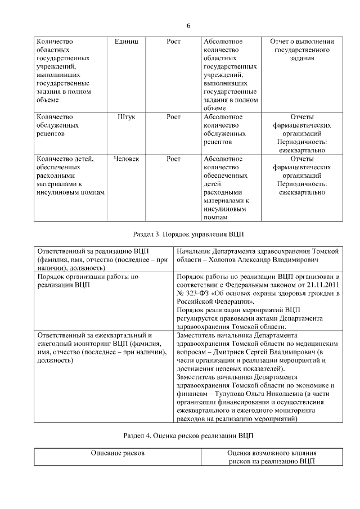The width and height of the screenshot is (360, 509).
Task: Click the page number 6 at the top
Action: pyautogui.click(x=189, y=26)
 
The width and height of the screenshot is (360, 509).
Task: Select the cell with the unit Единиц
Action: pyautogui.click(x=130, y=42)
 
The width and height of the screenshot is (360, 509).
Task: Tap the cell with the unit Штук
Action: pyautogui.click(x=130, y=117)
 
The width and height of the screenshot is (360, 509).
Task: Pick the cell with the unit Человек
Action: pyautogui.click(x=130, y=159)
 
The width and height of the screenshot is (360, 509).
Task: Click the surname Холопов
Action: pyautogui.click(x=224, y=261)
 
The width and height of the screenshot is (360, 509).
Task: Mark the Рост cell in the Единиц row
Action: pyautogui.click(x=174, y=42)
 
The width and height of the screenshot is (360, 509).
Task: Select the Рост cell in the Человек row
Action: pyautogui.click(x=174, y=159)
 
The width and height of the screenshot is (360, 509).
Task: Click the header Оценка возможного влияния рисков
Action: pyautogui.click(x=272, y=457)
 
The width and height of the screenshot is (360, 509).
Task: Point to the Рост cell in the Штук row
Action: pyautogui.click(x=174, y=117)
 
